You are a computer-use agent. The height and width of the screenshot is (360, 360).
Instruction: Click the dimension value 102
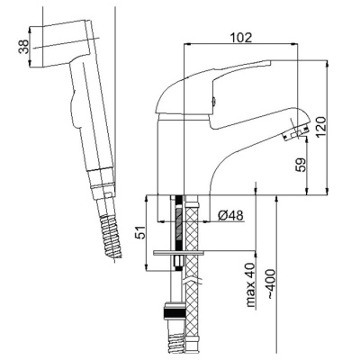pyautogui.click(x=241, y=38)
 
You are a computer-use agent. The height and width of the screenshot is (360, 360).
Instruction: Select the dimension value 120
pyautogui.click(x=320, y=126)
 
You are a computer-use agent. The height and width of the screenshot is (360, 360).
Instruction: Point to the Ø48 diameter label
pyautogui.click(x=230, y=215)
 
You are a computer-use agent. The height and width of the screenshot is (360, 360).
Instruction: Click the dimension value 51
pyautogui.click(x=141, y=232)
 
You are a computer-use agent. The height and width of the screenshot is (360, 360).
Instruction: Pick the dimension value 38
pyautogui.click(x=23, y=47)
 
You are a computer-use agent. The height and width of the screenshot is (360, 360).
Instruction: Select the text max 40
pyautogui.click(x=250, y=285)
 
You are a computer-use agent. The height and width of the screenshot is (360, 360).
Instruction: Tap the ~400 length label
pyautogui.click(x=271, y=283)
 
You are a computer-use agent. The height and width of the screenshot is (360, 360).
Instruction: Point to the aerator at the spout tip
pyautogui.click(x=296, y=133)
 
